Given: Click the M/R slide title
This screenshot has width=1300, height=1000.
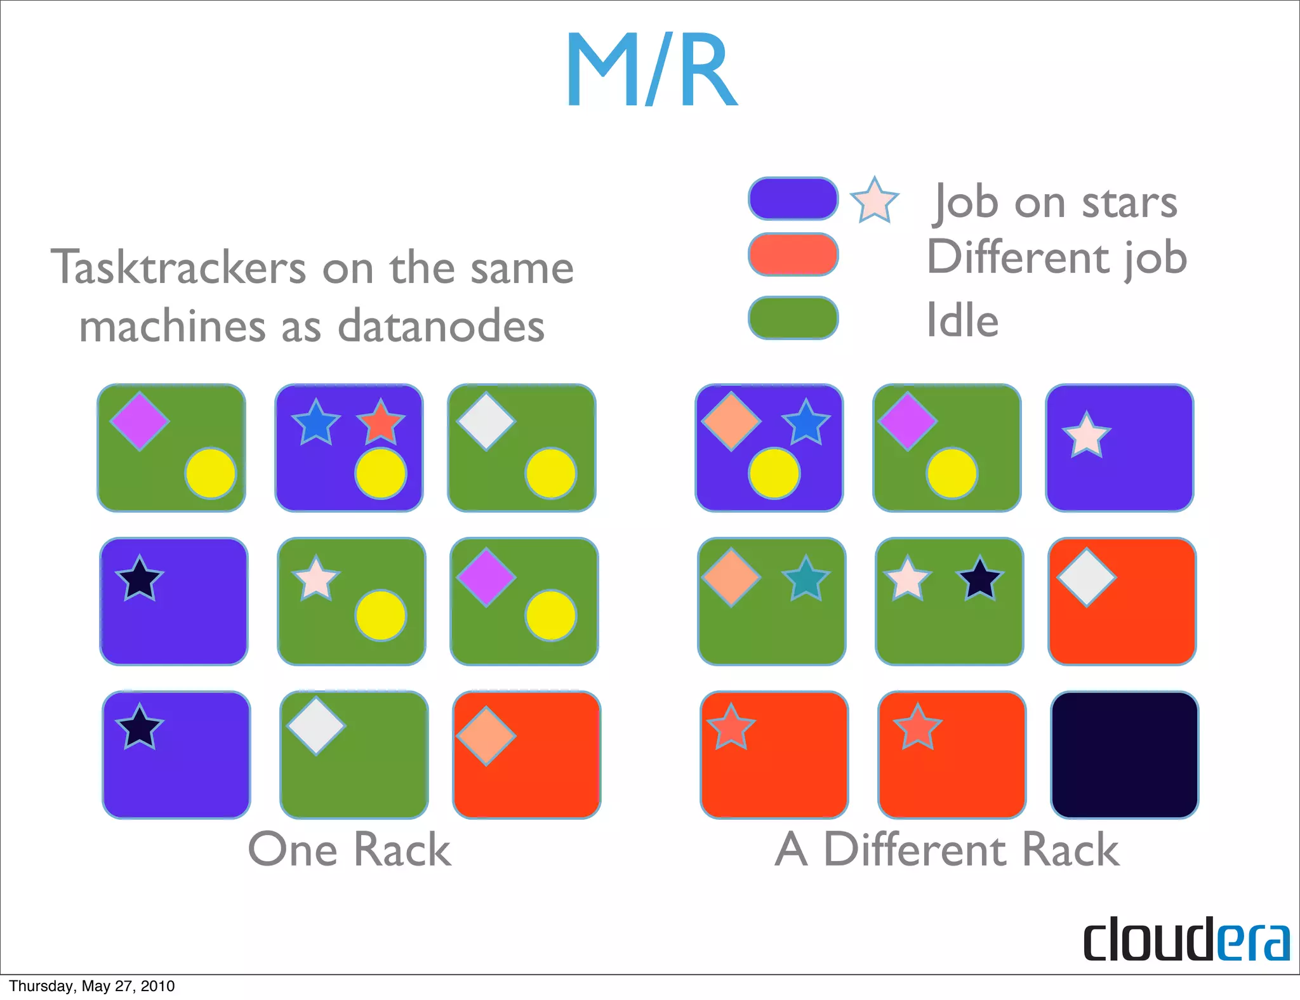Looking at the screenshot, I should [652, 70].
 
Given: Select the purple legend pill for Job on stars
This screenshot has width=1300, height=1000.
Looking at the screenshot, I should [793, 199].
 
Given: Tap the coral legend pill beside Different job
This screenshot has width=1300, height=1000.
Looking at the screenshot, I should [793, 254].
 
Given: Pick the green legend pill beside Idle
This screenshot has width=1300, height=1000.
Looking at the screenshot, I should [793, 318].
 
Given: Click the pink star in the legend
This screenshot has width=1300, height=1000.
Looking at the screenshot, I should [874, 201].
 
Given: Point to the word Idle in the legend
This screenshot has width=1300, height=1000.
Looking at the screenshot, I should [962, 320].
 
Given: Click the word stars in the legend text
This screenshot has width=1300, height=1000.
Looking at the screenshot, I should [1129, 203].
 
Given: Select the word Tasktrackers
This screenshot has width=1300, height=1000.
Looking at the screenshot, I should [178, 268].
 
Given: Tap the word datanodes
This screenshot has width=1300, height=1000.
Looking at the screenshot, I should [441, 326].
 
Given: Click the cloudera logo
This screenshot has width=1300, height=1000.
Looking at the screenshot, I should [1186, 939].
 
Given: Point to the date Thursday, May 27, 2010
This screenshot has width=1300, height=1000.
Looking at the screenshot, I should [92, 986].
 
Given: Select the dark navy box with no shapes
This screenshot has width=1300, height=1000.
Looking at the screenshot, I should [1124, 755].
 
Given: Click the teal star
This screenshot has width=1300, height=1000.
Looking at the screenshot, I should [806, 579].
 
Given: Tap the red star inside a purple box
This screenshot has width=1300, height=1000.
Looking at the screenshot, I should [380, 423].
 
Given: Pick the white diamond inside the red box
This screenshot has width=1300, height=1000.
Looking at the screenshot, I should [1086, 577].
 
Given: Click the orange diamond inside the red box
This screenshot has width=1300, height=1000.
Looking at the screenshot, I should [486, 736].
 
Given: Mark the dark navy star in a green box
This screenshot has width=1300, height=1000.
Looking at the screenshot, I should [979, 579].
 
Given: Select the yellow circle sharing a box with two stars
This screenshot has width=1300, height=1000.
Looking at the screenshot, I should [380, 473].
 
